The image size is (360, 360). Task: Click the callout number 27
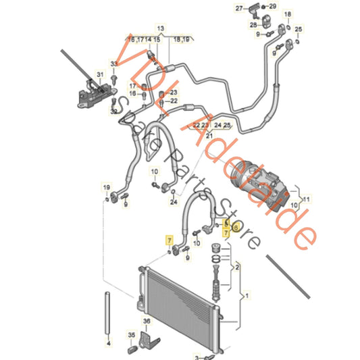[x=257, y=8]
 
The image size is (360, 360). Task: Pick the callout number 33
[x=114, y=63]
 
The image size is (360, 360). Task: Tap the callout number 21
[x=209, y=136]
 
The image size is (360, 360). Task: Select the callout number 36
[x=145, y=322]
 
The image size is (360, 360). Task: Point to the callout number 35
[x=132, y=335]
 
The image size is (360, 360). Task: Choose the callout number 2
[x=236, y=268]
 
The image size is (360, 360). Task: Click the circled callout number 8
[x=235, y=227]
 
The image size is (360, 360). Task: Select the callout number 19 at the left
[x=106, y=186]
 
